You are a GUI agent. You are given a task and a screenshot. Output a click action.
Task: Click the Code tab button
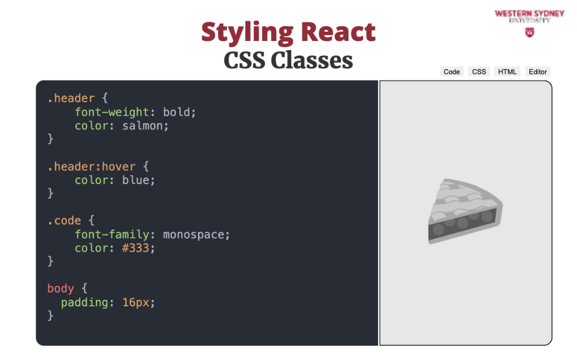pyautogui.click(x=452, y=72)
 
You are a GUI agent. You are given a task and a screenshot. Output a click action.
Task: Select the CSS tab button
pyautogui.click(x=479, y=72)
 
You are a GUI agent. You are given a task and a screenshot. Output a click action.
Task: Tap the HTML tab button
pyautogui.click(x=507, y=72)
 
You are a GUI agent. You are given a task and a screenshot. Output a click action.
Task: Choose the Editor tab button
pyautogui.click(x=538, y=72)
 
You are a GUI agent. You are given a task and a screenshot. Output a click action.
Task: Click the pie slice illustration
pyautogui.click(x=464, y=211)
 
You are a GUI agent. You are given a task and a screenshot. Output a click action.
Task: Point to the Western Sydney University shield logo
pyautogui.click(x=530, y=33)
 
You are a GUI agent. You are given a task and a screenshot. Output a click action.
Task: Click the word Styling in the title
pyautogui.click(x=248, y=33)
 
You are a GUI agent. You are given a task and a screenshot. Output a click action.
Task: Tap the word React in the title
pyautogui.click(x=338, y=32)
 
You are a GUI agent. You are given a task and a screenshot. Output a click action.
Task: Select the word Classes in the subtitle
pyautogui.click(x=312, y=60)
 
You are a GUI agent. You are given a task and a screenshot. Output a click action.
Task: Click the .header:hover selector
pyautogui.click(x=91, y=167)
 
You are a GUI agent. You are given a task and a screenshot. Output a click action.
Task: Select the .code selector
pyautogui.click(x=64, y=220)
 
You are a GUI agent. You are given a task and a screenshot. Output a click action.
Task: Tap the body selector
pyautogui.click(x=61, y=288)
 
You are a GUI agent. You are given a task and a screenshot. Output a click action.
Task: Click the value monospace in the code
pyautogui.click(x=193, y=235)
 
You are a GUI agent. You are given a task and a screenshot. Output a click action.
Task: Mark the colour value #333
pyautogui.click(x=136, y=248)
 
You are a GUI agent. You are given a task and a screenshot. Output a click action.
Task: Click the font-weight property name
pyautogui.click(x=112, y=112)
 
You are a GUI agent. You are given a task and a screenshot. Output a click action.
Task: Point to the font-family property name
pyautogui.click(x=112, y=235)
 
